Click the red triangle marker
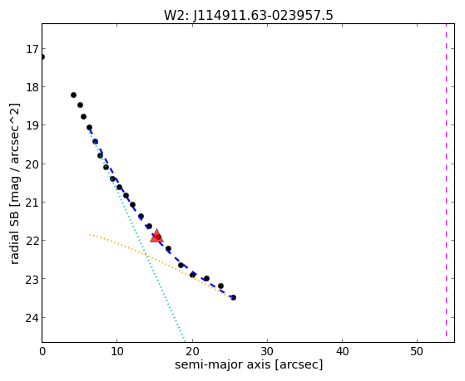point(156,236)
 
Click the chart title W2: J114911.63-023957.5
point(249,16)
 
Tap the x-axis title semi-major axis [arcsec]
point(249,364)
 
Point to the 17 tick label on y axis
point(32,49)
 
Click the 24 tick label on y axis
point(32,318)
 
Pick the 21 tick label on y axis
point(32,203)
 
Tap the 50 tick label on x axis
point(417,352)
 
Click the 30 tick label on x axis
point(267,352)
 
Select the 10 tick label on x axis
point(116,352)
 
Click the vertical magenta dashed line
point(446,180)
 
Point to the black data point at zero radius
point(42,56)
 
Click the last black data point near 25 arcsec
point(234,297)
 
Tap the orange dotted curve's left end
point(90,235)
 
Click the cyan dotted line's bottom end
point(185,340)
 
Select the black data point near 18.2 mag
point(73,95)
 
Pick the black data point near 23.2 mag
point(220,286)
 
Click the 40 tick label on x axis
point(342,352)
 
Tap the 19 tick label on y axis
point(32,126)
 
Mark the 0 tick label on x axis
point(42,352)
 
